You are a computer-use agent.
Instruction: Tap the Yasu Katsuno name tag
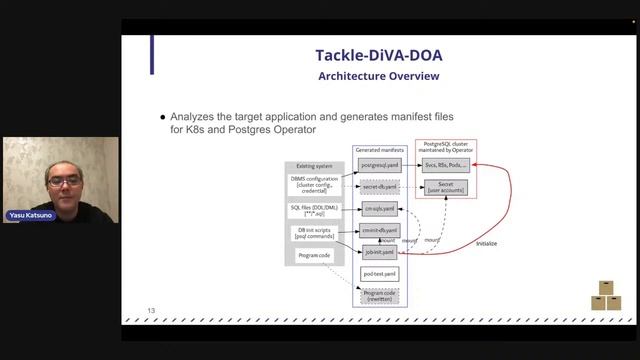click(x=31, y=216)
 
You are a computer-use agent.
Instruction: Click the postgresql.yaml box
click(x=379, y=164)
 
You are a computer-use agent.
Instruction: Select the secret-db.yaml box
click(x=379, y=186)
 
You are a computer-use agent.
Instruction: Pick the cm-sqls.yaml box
click(x=379, y=209)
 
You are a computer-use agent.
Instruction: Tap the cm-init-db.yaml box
click(x=379, y=231)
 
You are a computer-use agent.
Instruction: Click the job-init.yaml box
click(x=379, y=252)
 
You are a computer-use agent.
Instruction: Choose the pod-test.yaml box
click(x=379, y=273)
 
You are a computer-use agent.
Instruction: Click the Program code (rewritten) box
click(x=379, y=295)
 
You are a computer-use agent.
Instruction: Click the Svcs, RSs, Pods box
click(x=445, y=164)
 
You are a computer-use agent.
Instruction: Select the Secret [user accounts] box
click(x=446, y=187)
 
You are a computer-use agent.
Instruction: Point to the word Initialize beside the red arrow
click(x=487, y=243)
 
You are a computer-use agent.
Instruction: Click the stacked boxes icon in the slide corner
click(x=606, y=296)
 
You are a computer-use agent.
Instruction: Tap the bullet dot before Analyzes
click(x=163, y=116)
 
